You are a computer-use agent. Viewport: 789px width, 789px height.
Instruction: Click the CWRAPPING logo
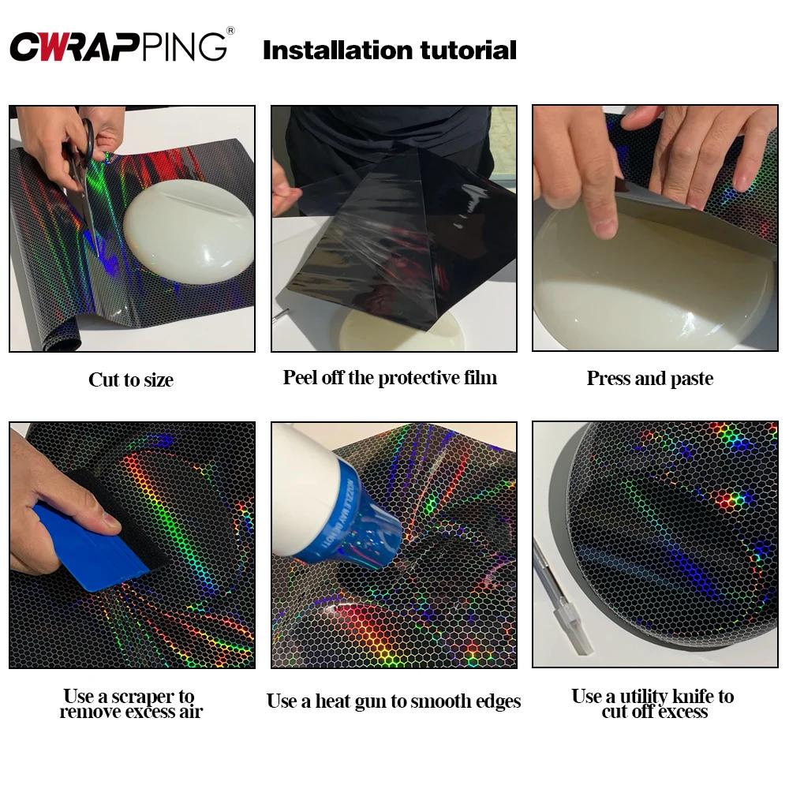click(118, 47)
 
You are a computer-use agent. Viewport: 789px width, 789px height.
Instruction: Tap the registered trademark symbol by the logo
click(230, 32)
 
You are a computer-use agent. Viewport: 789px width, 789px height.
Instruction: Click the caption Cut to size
click(131, 380)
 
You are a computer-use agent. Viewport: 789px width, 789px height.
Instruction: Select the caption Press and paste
click(649, 378)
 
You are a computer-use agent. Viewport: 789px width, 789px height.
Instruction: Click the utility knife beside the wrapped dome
click(562, 600)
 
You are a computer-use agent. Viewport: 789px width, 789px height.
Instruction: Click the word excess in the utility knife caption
click(679, 712)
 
